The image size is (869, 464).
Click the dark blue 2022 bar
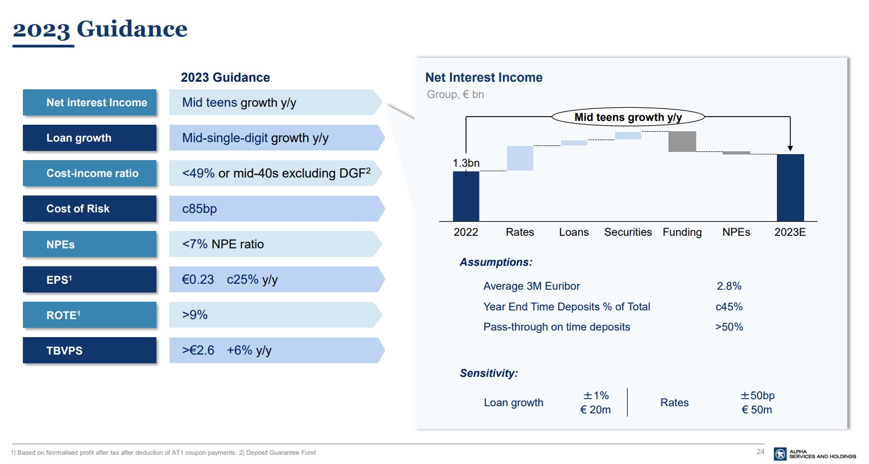point(466,196)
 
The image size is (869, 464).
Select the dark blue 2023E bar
point(790,187)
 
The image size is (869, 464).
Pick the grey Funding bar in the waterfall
point(682,142)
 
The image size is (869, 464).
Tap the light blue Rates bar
point(520,158)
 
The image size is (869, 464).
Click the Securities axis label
point(628,232)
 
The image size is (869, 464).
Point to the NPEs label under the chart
point(736,232)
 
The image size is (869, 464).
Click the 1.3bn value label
point(466,163)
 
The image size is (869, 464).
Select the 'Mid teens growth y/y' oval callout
point(628,117)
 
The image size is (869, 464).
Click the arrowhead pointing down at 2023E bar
point(790,148)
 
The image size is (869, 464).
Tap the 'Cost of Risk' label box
point(89,209)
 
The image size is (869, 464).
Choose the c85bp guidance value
point(199,209)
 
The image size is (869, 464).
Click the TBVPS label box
point(89,350)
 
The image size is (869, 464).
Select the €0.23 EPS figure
point(198,279)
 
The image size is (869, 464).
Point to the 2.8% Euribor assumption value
point(729,286)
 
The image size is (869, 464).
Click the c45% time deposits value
point(729,307)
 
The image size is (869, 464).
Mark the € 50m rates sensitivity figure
point(757,410)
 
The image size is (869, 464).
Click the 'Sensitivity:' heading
point(489,373)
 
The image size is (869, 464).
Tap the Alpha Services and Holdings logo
point(815,454)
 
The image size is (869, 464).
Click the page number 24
point(761,451)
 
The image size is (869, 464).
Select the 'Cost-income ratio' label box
point(89,173)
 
